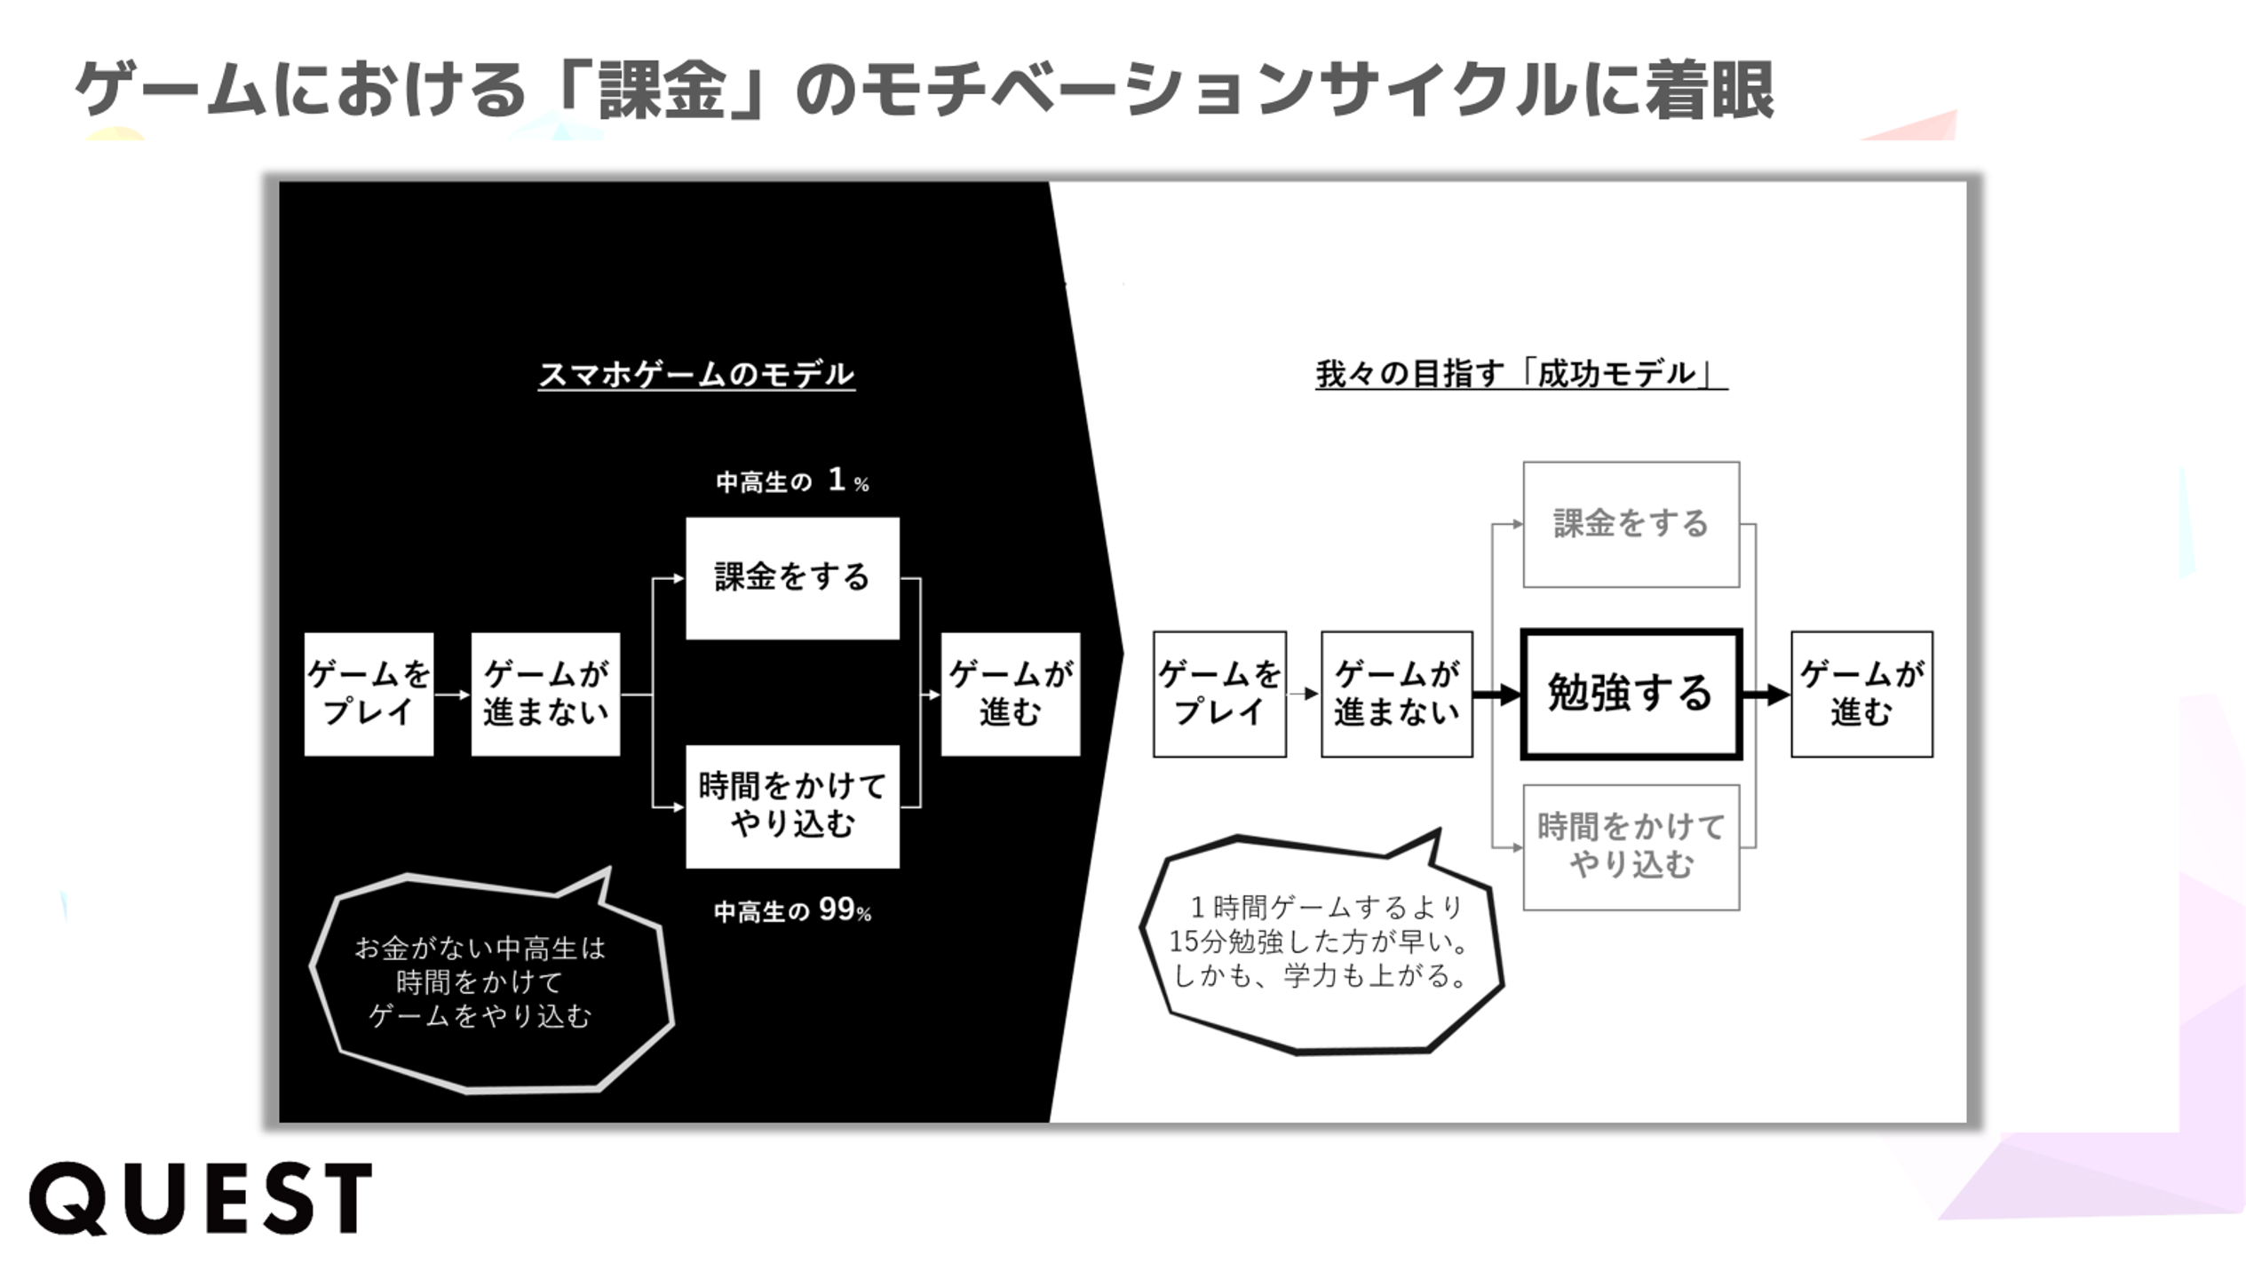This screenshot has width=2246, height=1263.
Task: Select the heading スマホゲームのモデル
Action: pos(696,374)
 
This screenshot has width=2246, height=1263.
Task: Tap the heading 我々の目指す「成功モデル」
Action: pos(1520,374)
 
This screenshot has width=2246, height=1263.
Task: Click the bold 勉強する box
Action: pos(1631,694)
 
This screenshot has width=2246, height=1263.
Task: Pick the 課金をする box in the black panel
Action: pos(792,577)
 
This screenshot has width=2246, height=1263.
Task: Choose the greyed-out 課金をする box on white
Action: pos(1631,524)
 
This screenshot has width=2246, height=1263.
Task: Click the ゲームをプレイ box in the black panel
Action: pos(369,694)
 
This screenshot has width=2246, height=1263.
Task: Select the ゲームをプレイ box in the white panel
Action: pos(1219,694)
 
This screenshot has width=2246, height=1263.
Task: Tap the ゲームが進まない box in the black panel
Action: pos(545,694)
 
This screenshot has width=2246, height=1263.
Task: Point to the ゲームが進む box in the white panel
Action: pos(1861,694)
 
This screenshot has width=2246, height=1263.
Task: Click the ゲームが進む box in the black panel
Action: pos(1011,694)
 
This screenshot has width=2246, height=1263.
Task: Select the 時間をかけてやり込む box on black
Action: pos(792,806)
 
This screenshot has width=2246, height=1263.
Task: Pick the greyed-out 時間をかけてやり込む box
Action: pos(1631,846)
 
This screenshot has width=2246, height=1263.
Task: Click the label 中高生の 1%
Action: pos(792,481)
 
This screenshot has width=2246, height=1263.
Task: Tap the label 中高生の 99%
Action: pos(792,910)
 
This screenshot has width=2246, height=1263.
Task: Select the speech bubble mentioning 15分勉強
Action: pos(1320,942)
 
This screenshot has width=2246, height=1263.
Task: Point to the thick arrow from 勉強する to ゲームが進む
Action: pos(1766,695)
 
